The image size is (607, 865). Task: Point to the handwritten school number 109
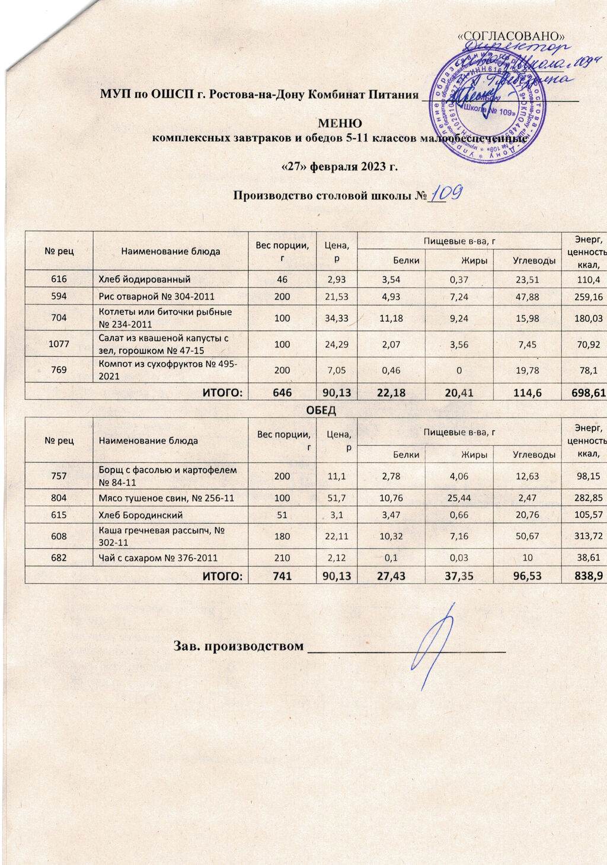pyautogui.click(x=445, y=194)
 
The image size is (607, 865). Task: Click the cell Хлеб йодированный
pyautogui.click(x=144, y=279)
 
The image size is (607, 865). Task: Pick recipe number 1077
pyautogui.click(x=59, y=343)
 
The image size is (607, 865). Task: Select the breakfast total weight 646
pyautogui.click(x=282, y=392)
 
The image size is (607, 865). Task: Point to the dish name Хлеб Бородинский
pyautogui.click(x=140, y=515)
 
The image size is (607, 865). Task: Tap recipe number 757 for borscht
pyautogui.click(x=59, y=476)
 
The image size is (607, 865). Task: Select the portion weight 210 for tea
pyautogui.click(x=282, y=558)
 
